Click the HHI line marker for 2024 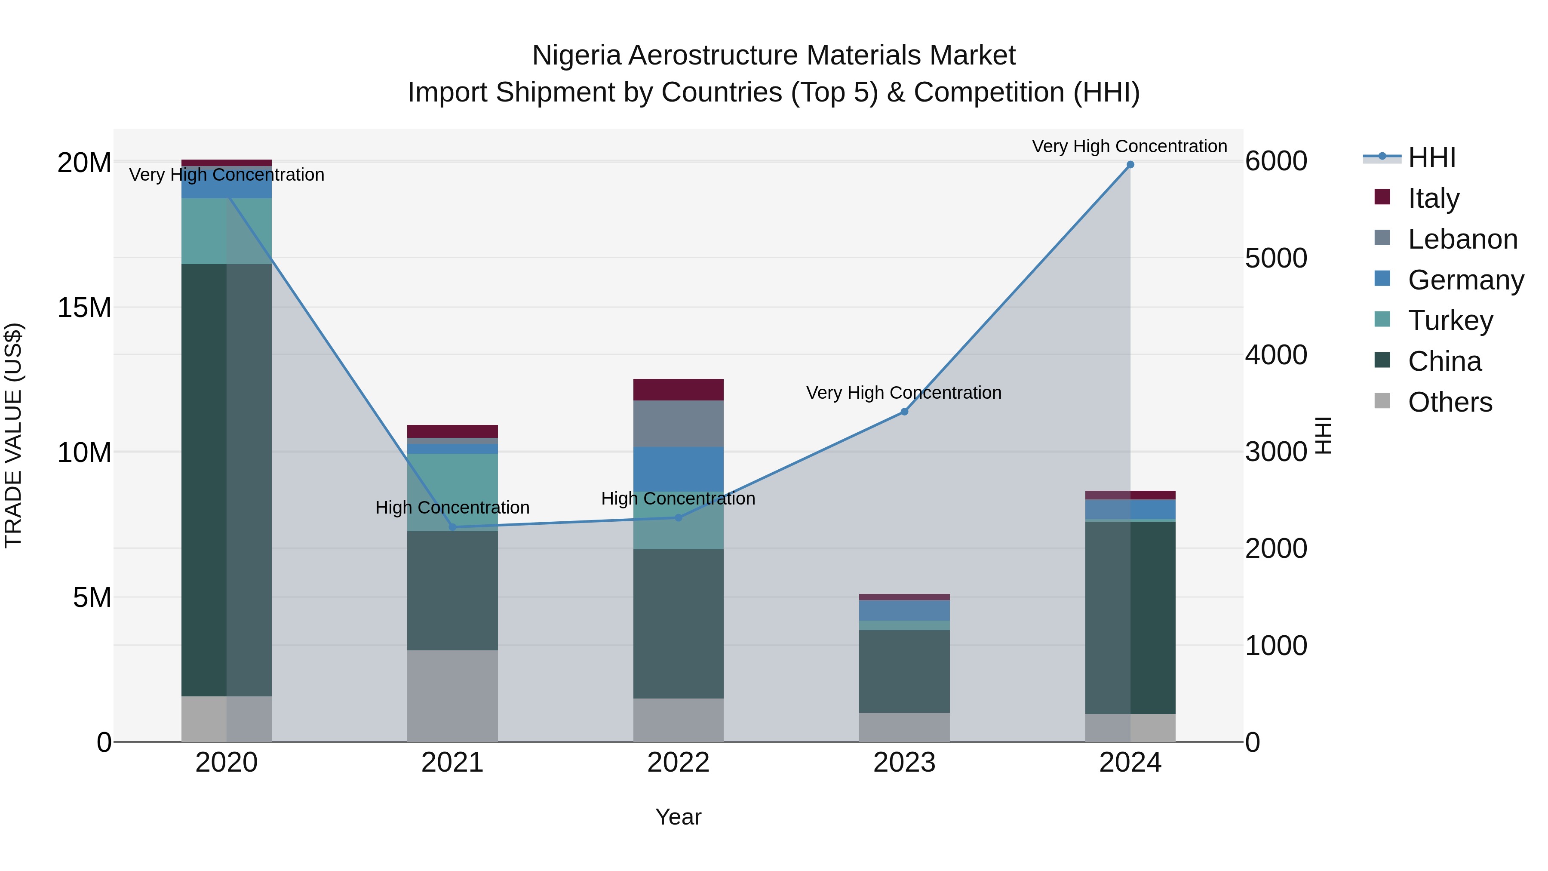coord(1130,165)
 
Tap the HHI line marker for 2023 coord(904,412)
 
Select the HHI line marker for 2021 coord(452,527)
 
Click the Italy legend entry coord(1433,198)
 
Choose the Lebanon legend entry coord(1462,239)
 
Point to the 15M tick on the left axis coord(84,308)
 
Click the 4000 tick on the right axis coord(1276,355)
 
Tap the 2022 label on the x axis coord(678,763)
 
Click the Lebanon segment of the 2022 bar coord(678,423)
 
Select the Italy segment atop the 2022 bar coord(678,390)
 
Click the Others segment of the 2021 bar coord(452,696)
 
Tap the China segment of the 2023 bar coord(904,671)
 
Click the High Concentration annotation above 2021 coord(452,508)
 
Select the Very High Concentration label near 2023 coord(904,393)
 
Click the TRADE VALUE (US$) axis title coord(13,435)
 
